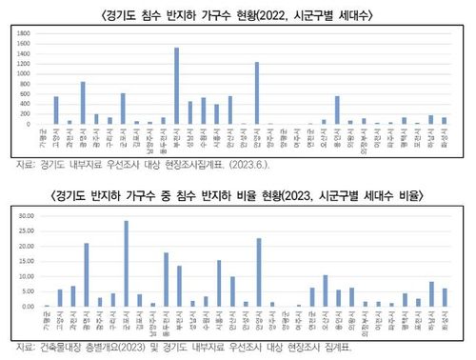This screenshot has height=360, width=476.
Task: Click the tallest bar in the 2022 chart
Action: (177, 86)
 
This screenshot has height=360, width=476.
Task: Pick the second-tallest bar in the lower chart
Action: (259, 272)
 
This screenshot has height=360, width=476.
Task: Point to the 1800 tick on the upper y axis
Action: (24, 34)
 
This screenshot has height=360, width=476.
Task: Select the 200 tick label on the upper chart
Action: (26, 114)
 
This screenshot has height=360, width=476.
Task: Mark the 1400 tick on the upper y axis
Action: (24, 54)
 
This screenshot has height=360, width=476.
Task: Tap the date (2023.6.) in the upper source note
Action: (245, 163)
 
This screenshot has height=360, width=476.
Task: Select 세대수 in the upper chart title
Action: (357, 14)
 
